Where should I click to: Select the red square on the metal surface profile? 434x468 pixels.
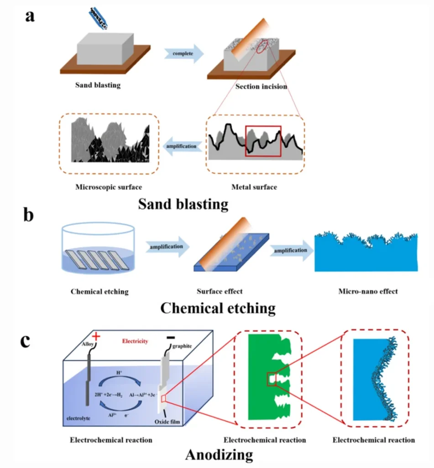coord(263,141)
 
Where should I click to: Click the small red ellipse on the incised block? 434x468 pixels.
coord(262,48)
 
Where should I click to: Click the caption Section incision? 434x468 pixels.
coord(261,85)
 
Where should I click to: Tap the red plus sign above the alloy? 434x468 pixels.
coord(97,338)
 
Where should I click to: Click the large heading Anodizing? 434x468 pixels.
coord(219,454)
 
